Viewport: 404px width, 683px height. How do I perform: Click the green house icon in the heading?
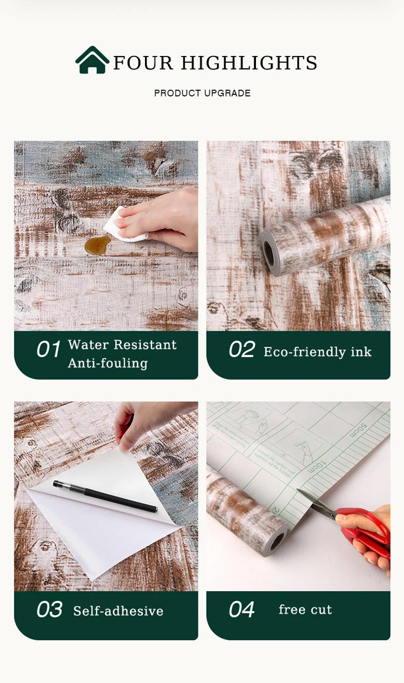pos(92,61)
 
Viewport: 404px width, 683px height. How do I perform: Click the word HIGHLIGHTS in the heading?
pos(249,63)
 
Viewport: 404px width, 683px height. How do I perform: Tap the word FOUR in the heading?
pos(143,63)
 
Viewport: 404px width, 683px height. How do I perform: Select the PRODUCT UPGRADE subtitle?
pos(202,93)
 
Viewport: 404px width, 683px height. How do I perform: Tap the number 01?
pos(48,350)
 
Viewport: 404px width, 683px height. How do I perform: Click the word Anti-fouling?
pos(108,363)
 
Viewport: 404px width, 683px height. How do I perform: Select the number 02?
pos(241,350)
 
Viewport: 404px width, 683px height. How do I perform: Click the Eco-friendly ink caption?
pos(317,352)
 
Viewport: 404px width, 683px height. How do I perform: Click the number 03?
pos(49,610)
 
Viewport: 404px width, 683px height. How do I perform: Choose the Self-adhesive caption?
pos(118,611)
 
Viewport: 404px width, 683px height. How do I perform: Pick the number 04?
pos(241,610)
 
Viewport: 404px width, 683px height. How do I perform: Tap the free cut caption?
pos(305,610)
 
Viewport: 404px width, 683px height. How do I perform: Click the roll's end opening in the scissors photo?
pos(276,542)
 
